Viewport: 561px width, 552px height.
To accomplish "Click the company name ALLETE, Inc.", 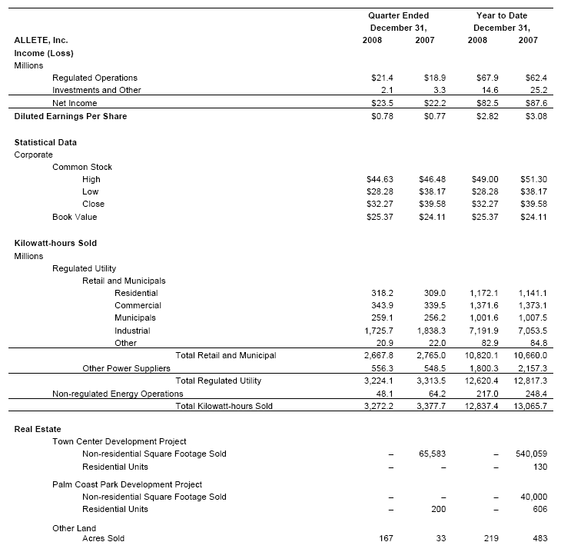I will click(x=46, y=40).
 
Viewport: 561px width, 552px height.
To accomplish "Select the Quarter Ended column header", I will click(x=398, y=15).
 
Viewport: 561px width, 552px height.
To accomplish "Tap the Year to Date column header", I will click(x=502, y=15).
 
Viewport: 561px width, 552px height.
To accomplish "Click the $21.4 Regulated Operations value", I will click(x=383, y=78).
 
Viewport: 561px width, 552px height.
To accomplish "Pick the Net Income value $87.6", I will click(x=536, y=102).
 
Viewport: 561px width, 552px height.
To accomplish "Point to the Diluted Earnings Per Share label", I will click(x=71, y=116).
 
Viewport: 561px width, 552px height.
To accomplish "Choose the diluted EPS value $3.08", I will click(x=536, y=116).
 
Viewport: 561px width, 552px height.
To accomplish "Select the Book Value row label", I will click(x=75, y=217).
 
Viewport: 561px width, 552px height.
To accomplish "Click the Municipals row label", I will click(x=135, y=318).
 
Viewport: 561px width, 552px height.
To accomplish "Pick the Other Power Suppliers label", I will click(x=126, y=368).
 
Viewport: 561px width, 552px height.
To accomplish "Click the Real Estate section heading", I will click(x=38, y=429).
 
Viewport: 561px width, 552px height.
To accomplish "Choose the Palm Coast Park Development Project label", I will click(x=127, y=484).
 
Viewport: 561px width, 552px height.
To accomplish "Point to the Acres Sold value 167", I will click(x=387, y=538).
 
